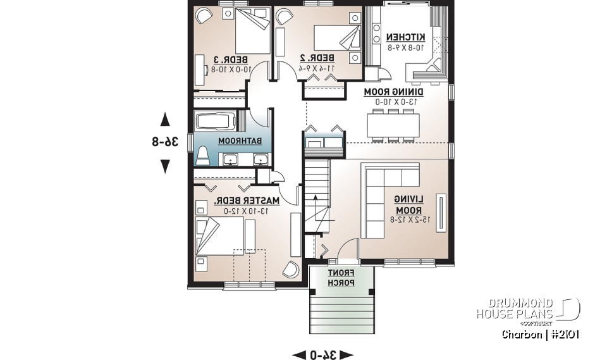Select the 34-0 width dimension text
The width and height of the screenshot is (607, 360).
coord(322,354)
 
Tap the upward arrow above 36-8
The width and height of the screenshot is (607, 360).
coord(165,118)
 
